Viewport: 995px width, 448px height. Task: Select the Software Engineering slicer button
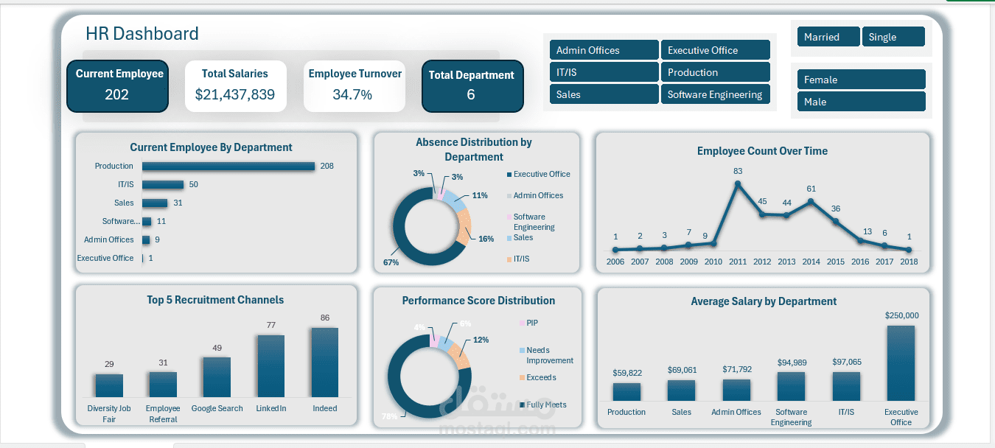tap(715, 94)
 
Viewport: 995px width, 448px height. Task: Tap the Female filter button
tap(861, 80)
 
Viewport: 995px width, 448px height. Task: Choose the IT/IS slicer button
tap(604, 72)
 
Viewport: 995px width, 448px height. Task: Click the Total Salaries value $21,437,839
tap(235, 94)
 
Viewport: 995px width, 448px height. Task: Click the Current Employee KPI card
tap(117, 85)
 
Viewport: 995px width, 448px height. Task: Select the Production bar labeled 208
tap(228, 167)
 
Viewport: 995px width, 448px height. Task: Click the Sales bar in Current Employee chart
tap(155, 203)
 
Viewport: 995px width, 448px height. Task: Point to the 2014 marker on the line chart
tap(811, 200)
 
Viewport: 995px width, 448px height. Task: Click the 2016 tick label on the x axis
tap(860, 262)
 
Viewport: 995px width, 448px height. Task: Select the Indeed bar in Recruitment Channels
tap(324, 363)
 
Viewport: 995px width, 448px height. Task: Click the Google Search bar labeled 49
tap(217, 377)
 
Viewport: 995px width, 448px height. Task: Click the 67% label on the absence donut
tap(391, 262)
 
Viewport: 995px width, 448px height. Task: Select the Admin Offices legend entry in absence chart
tap(537, 195)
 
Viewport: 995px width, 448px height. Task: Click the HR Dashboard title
tap(142, 34)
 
